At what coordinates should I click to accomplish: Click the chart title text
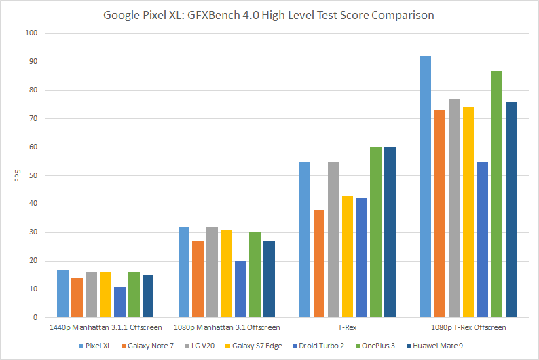tap(269, 14)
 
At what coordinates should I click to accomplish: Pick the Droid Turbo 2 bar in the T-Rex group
tap(362, 258)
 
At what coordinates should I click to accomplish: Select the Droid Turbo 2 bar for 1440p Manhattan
tap(119, 302)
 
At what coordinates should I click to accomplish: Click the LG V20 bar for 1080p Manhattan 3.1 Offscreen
tap(212, 272)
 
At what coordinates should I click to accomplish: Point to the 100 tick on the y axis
tap(31, 33)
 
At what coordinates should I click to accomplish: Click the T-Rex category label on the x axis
tap(347, 328)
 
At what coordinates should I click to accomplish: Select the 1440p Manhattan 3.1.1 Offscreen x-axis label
tap(105, 328)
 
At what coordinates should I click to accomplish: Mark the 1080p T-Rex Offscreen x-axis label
tap(468, 328)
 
